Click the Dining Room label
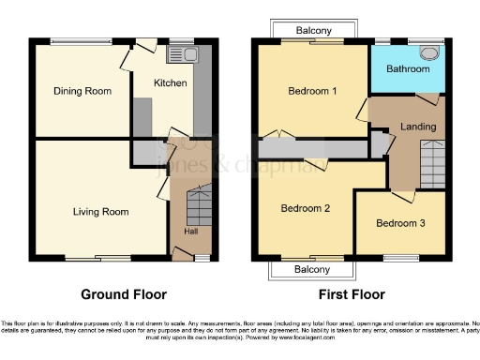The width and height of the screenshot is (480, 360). click(82, 92)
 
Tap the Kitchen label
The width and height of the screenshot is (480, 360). click(171, 83)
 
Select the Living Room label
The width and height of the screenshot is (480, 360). click(100, 212)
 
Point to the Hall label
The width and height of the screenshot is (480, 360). click(190, 231)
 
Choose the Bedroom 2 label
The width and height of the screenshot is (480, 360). click(306, 209)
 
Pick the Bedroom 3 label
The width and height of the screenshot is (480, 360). click(400, 223)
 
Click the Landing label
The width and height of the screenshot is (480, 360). click(417, 127)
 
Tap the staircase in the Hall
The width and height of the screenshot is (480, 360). click(199, 203)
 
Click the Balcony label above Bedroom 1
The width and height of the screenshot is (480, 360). click(313, 31)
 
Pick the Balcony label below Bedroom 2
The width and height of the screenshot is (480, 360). click(313, 269)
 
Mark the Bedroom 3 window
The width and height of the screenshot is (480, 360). click(401, 257)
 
